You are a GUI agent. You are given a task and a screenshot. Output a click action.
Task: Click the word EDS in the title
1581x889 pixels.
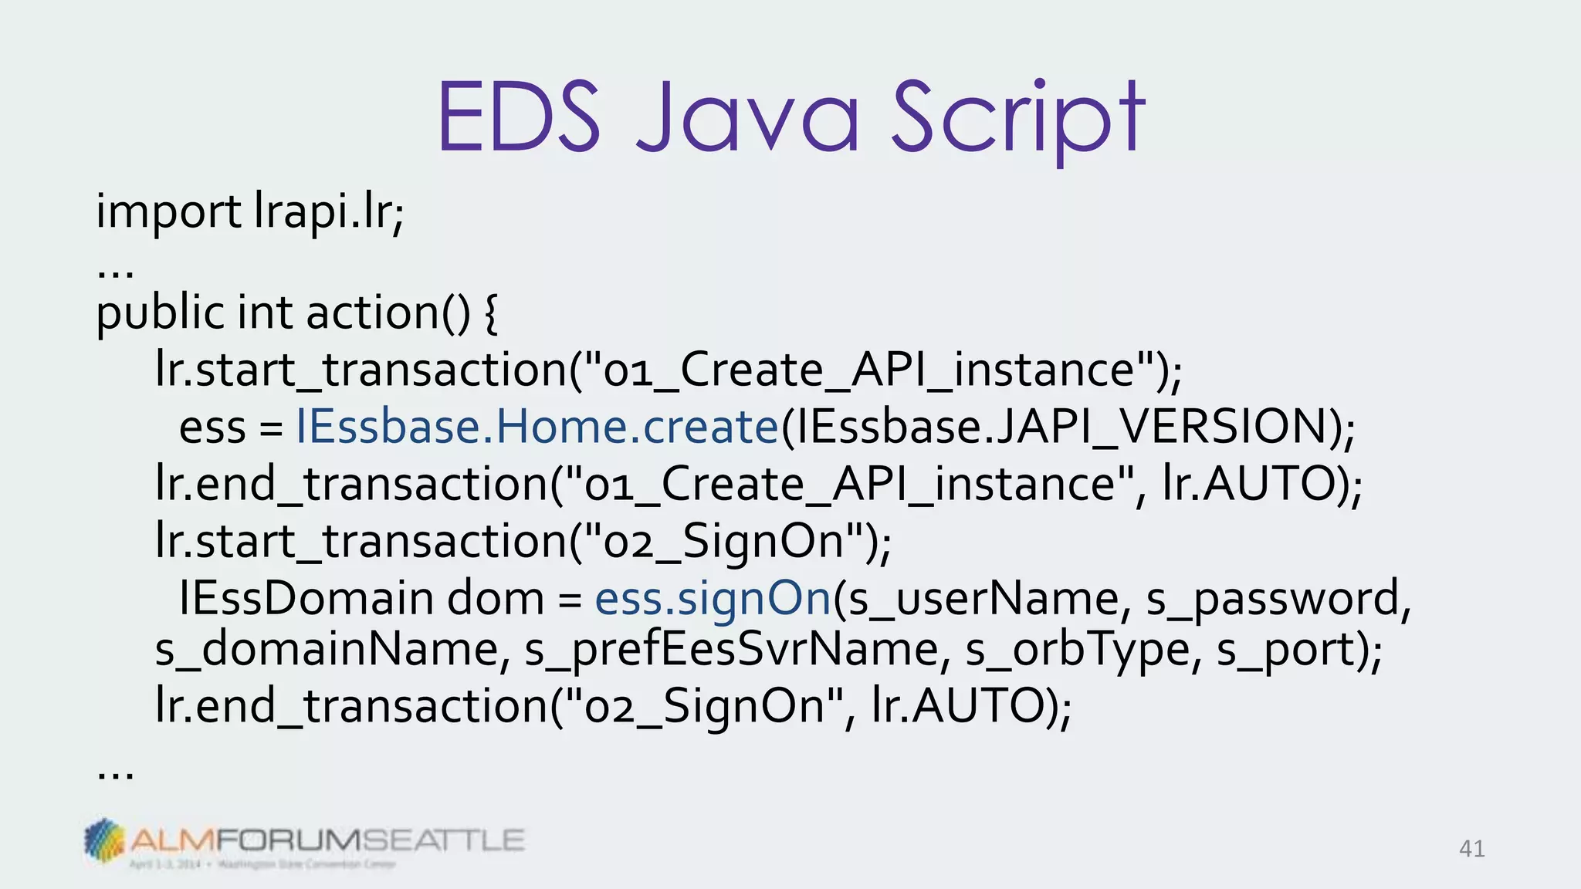click(519, 117)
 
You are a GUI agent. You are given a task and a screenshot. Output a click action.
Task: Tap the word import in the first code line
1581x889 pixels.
click(168, 211)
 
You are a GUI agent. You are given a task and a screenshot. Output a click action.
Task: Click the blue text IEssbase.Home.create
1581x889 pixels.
click(537, 426)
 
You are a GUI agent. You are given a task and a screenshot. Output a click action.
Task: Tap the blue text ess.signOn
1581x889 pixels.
click(712, 598)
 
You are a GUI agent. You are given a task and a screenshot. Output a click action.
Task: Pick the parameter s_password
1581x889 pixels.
click(1278, 600)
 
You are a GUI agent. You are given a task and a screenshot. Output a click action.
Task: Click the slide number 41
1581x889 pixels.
click(1471, 849)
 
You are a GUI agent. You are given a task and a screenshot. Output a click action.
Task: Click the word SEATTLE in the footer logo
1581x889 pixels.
click(442, 840)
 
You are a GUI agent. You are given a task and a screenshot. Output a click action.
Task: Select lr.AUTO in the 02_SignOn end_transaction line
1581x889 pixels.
click(961, 705)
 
